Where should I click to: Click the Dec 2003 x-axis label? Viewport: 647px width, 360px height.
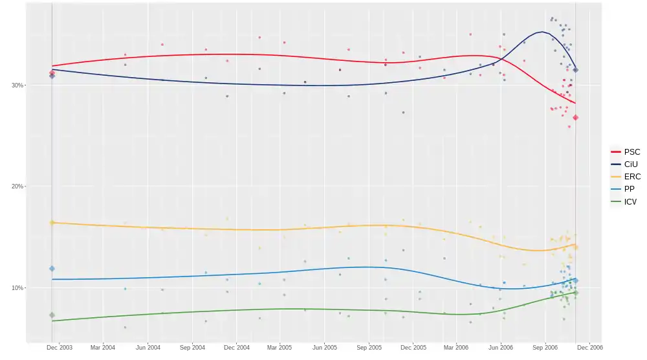tap(60, 348)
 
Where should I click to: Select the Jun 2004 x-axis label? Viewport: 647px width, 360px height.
tap(148, 348)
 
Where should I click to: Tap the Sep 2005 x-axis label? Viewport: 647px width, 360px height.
tap(369, 348)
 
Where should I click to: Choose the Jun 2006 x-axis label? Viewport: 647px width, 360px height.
tap(501, 348)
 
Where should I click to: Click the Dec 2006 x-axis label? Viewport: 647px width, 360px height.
tap(590, 348)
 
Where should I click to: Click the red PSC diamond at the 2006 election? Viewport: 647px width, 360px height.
tap(576, 117)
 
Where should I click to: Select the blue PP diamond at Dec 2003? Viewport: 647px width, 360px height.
tap(52, 269)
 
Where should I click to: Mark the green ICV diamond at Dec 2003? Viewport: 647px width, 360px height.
tap(52, 315)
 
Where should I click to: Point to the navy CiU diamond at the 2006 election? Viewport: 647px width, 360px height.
tap(576, 70)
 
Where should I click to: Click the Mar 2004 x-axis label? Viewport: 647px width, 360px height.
tap(103, 348)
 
